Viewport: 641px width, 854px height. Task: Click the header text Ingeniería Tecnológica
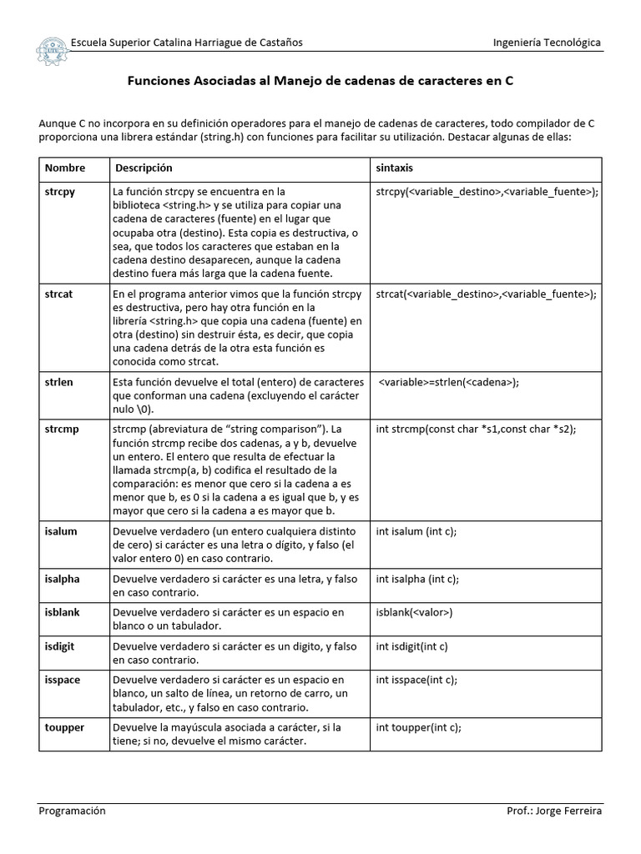tap(547, 43)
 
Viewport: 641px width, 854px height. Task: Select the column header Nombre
tap(65, 168)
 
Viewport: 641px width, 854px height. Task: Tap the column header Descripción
tap(144, 168)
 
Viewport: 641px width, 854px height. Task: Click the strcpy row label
tap(59, 192)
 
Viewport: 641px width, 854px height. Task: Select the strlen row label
tap(58, 382)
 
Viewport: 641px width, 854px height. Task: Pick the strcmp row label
tap(61, 429)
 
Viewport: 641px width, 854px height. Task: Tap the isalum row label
tap(60, 531)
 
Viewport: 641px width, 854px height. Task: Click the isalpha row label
tap(62, 579)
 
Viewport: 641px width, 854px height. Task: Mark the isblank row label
tap(62, 612)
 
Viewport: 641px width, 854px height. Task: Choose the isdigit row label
tap(61, 646)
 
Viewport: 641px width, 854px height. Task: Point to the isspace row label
tap(62, 680)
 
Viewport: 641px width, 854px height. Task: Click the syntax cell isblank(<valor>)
tap(414, 612)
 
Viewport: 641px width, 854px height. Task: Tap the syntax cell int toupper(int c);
tap(418, 727)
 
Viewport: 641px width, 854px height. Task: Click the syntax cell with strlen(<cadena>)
tap(449, 383)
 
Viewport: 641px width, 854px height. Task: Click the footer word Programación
tap(73, 811)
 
